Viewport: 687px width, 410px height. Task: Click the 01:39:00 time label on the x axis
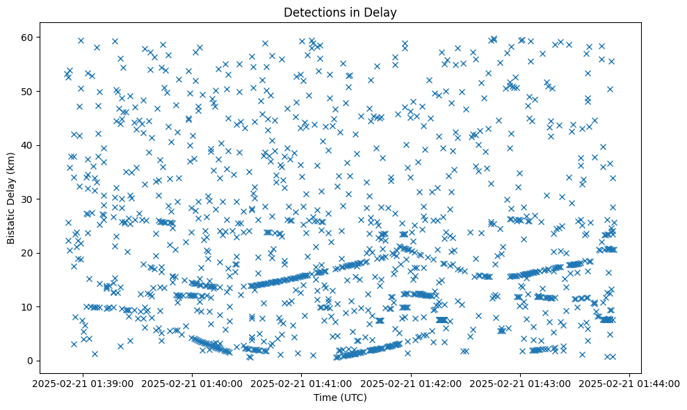[83, 383]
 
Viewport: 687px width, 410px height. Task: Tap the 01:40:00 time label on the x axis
[192, 383]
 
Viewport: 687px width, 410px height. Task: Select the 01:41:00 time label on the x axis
[302, 383]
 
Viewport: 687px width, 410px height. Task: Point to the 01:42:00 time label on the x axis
[411, 383]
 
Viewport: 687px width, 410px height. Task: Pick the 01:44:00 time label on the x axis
[630, 383]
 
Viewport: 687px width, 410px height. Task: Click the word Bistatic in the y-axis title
[12, 220]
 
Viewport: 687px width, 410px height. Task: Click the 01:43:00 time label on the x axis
[521, 383]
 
